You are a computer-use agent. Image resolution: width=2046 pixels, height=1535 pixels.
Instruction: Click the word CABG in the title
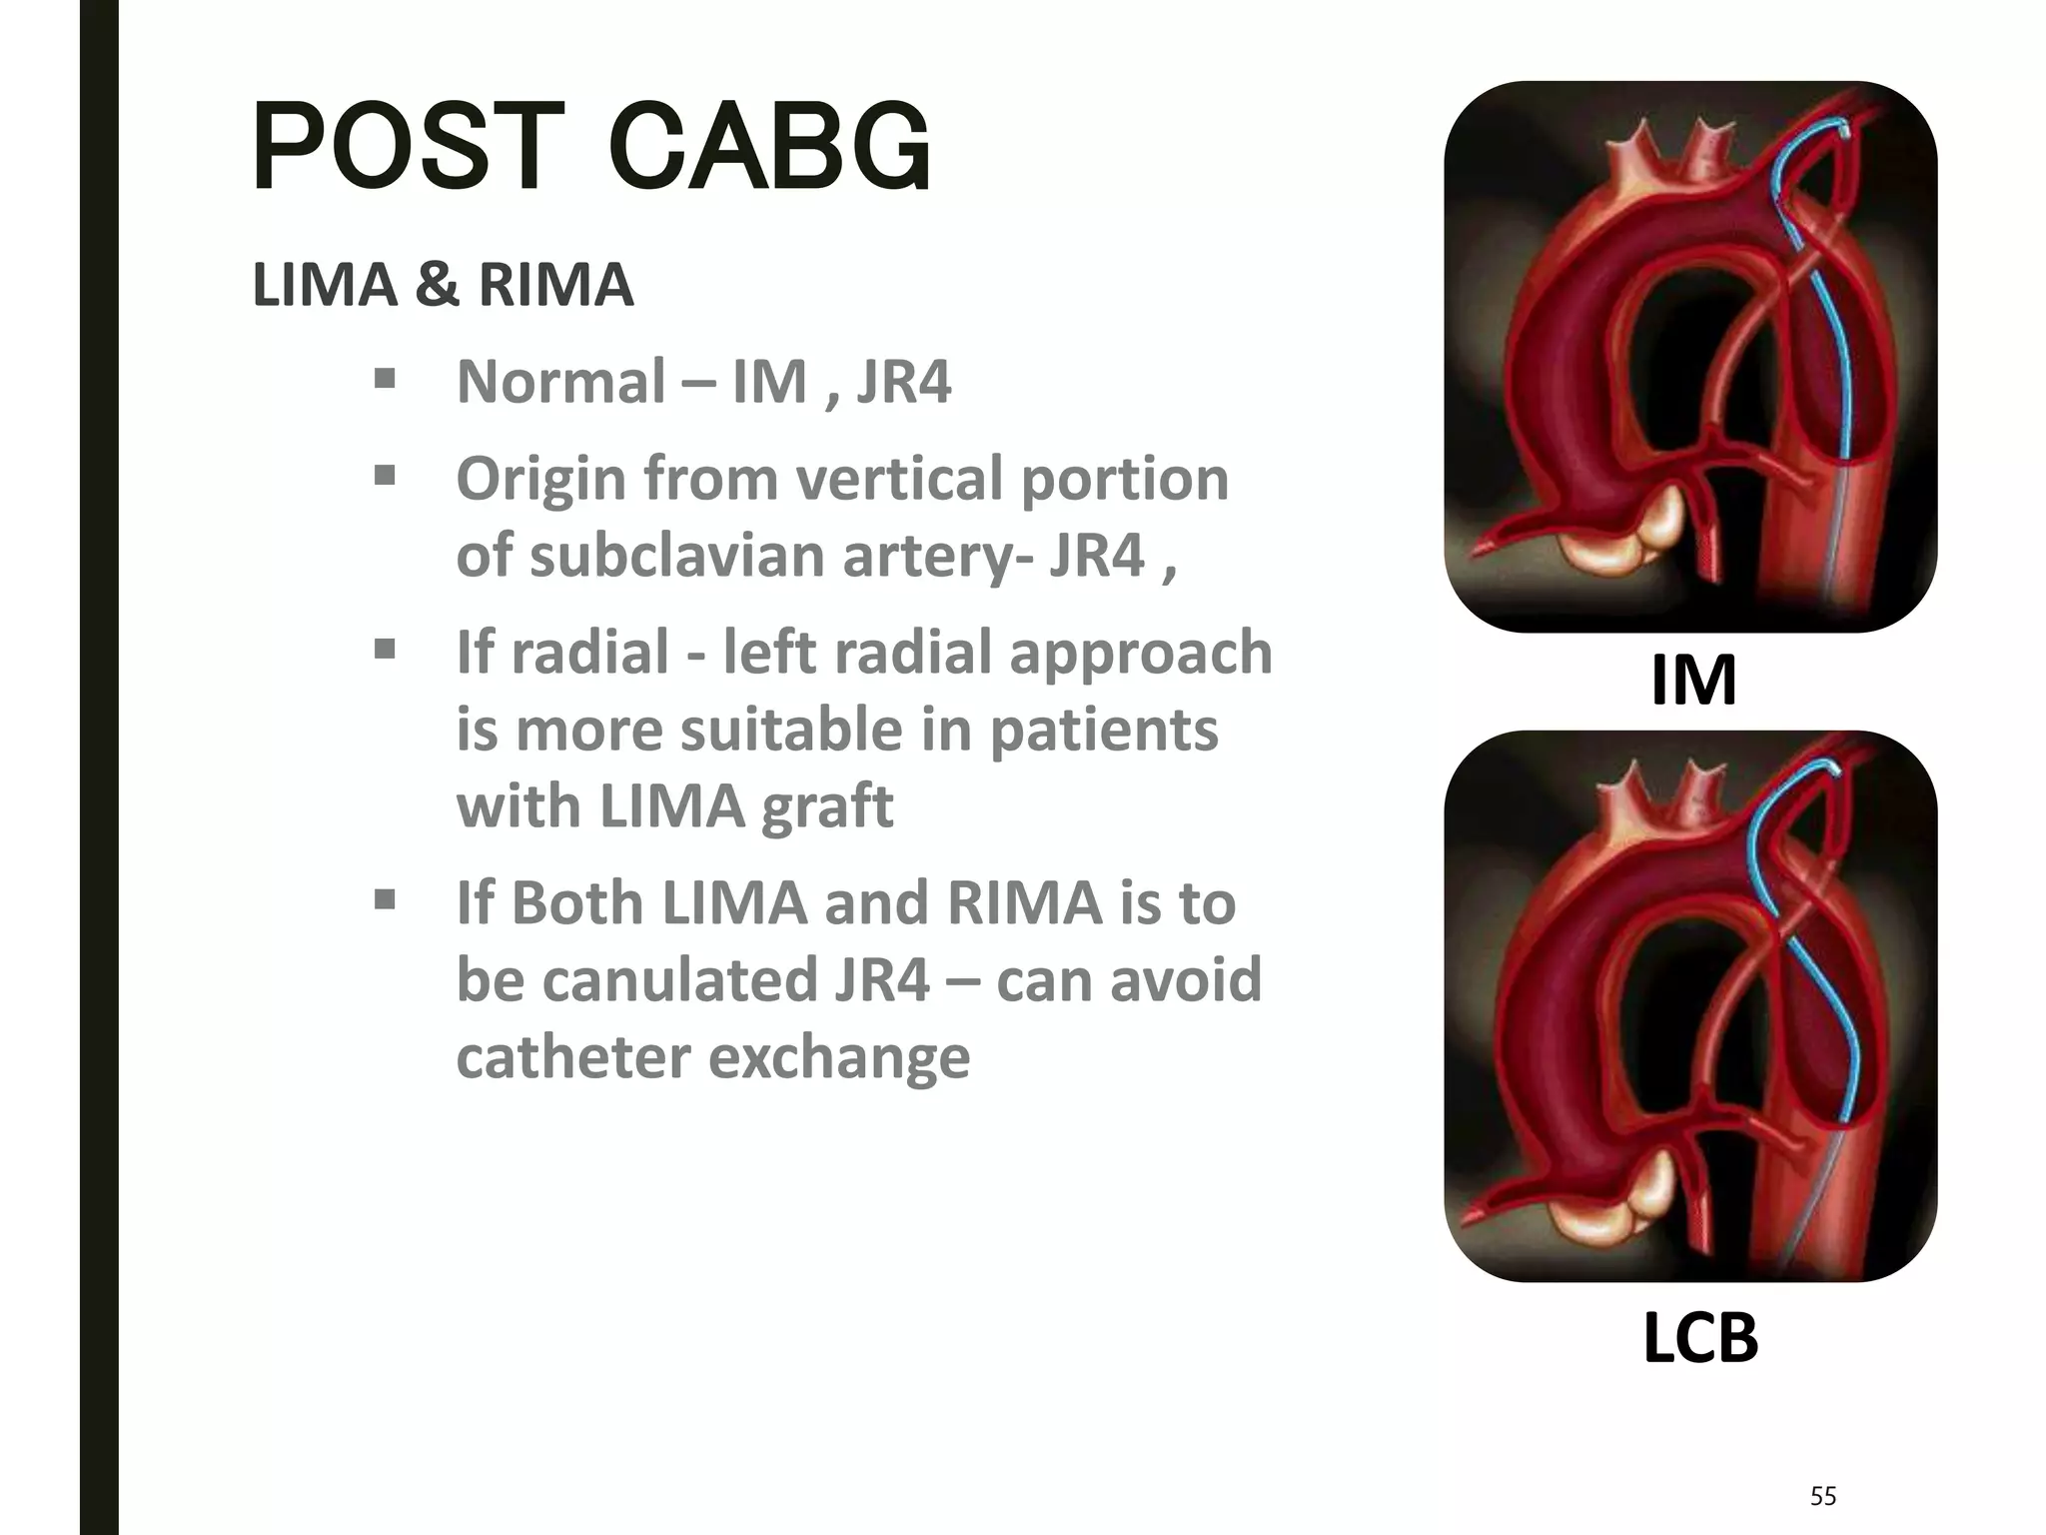tap(769, 148)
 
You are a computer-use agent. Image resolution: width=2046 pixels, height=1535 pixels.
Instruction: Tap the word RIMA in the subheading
tap(555, 285)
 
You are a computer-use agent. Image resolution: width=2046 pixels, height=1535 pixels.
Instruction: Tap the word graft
tap(826, 807)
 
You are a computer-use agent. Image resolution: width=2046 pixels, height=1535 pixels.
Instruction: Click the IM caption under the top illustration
tap(1693, 681)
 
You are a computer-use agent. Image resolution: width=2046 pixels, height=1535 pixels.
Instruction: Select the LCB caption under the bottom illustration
tap(1699, 1338)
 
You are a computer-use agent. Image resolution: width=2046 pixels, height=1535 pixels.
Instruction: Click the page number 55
tap(1823, 1496)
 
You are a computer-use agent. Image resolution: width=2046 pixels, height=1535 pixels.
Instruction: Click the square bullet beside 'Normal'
tap(385, 380)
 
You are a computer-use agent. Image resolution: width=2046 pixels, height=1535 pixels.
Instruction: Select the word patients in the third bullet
tap(1103, 731)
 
